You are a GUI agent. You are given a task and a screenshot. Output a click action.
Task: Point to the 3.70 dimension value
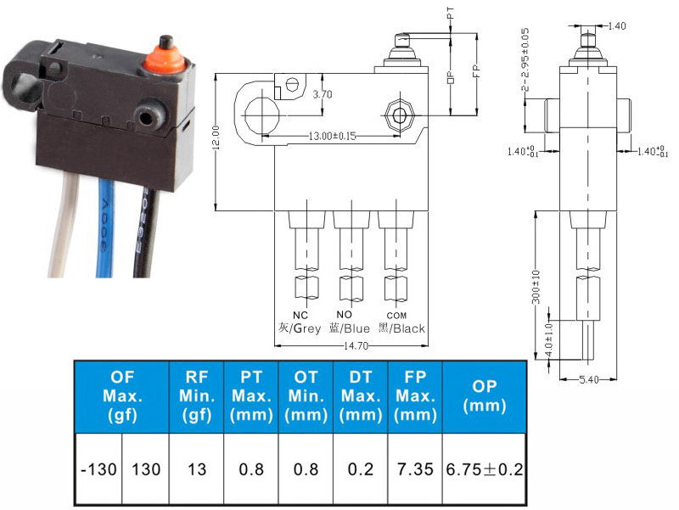(323, 94)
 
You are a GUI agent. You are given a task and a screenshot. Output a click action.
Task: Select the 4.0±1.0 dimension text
(549, 337)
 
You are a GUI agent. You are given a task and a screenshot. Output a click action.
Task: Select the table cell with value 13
(196, 468)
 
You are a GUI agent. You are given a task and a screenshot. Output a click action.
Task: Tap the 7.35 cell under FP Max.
(415, 468)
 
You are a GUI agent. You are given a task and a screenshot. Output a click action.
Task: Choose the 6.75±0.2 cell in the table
(484, 468)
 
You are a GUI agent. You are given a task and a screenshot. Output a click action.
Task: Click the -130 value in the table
(98, 468)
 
